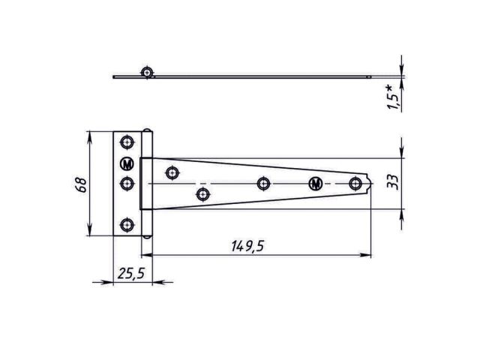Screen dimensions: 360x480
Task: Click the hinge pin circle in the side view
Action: pyautogui.click(x=147, y=72)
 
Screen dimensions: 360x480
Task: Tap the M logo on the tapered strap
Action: pyautogui.click(x=315, y=183)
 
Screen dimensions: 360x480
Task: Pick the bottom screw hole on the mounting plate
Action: pyautogui.click(x=127, y=223)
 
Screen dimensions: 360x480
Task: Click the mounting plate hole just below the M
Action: pyautogui.click(x=127, y=182)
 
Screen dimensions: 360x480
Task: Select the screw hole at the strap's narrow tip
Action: pyautogui.click(x=355, y=182)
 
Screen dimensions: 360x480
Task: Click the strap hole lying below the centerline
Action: pyautogui.click(x=202, y=195)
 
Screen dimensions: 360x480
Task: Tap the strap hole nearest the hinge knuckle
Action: pyautogui.click(x=172, y=172)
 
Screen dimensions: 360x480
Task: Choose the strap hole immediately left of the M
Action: pyautogui.click(x=262, y=183)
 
